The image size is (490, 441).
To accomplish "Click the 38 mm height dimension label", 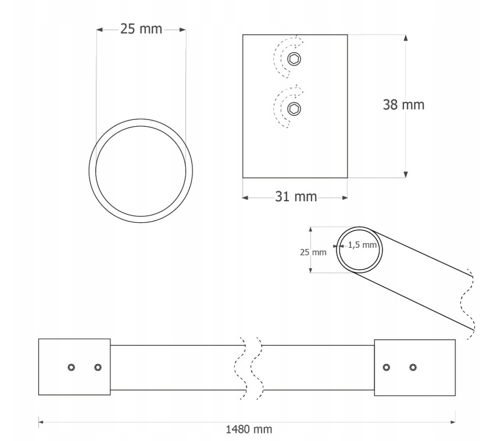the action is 403,105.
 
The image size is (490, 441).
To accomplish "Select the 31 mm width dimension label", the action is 296,197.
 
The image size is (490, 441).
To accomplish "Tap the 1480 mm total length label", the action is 249,429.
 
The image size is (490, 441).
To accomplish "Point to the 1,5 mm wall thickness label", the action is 362,245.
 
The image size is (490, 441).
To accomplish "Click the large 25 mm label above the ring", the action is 141,29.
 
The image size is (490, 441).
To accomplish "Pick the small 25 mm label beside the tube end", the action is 313,252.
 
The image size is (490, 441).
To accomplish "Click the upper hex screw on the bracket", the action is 294,59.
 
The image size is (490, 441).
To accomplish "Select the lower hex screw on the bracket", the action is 294,109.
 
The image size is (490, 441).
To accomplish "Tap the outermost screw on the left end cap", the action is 71,367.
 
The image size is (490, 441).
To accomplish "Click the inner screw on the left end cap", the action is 98,367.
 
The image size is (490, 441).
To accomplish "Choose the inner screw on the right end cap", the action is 387,367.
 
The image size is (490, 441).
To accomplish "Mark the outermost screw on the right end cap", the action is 413,367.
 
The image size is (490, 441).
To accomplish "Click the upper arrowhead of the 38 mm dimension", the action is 406,38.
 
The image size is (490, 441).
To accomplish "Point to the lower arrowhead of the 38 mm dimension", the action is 406,175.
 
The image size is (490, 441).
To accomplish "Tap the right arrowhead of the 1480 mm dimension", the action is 452,422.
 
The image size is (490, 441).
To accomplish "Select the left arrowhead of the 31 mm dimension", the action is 246,198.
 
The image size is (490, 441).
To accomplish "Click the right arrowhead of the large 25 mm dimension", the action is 183,30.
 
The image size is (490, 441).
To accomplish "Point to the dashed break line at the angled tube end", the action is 468,303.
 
